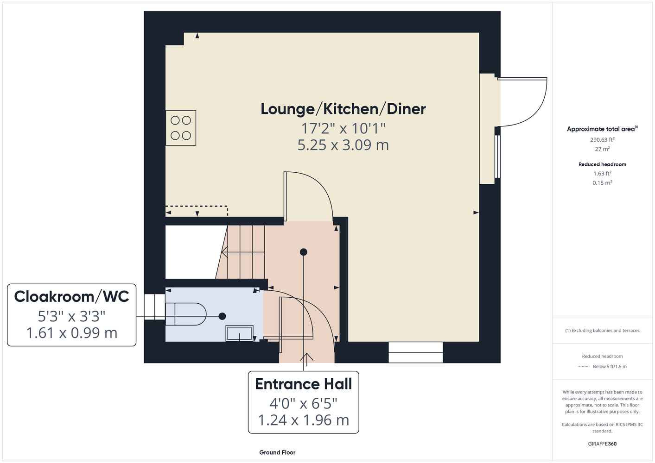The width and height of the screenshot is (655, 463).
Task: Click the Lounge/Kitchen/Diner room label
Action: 343,109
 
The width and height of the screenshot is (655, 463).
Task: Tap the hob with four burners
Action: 181,128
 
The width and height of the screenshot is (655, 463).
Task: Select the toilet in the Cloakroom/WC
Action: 186,314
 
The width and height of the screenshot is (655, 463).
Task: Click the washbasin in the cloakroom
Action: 239,333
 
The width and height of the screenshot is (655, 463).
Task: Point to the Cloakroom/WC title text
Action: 72,296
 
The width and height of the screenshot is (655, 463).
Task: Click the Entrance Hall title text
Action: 304,384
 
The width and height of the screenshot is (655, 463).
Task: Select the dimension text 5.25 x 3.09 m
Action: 343,145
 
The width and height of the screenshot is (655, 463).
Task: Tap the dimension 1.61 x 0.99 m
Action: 72,333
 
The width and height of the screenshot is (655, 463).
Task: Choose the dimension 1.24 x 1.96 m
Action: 304,420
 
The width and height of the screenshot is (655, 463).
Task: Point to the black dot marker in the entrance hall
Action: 304,252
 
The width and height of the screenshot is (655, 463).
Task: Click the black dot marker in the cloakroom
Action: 222,316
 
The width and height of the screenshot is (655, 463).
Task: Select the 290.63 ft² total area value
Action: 602,140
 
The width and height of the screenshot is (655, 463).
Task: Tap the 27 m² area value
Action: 602,149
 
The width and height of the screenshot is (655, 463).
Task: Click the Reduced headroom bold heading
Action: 602,164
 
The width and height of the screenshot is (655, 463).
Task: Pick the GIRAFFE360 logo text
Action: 602,444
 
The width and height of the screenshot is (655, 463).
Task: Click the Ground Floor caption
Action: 277,452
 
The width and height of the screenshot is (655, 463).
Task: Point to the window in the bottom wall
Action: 415,352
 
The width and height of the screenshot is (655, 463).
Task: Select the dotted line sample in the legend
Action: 583,367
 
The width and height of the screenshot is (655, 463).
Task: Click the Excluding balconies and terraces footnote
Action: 602,331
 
